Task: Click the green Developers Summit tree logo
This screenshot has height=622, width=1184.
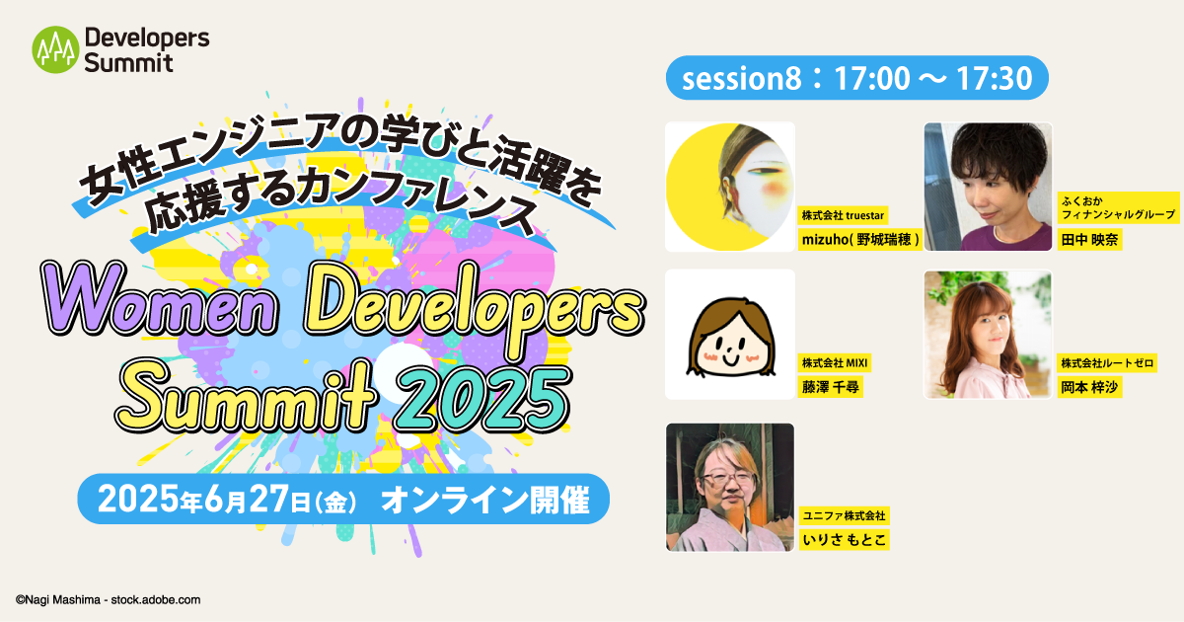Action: (55, 49)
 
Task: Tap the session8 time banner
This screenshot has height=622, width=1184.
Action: (856, 78)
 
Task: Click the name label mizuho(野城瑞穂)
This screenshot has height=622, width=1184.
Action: (860, 240)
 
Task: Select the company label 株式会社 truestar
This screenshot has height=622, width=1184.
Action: (843, 215)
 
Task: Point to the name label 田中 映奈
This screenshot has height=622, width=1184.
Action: (1089, 240)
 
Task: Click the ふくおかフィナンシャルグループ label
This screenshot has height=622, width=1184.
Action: (1118, 207)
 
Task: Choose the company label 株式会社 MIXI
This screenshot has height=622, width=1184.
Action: (834, 363)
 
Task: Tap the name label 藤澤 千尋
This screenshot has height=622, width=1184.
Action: (830, 387)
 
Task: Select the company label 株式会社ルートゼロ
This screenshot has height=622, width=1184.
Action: (1107, 363)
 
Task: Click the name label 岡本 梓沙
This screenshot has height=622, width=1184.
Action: (1089, 387)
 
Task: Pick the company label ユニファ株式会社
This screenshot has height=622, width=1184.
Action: (844, 515)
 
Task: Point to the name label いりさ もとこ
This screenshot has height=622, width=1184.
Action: (845, 539)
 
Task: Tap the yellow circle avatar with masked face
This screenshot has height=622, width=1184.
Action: (730, 187)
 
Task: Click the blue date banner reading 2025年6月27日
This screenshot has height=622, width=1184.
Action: (343, 499)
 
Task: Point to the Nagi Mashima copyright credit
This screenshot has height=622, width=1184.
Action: (109, 600)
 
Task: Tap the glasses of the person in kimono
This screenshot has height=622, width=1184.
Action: (729, 479)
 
